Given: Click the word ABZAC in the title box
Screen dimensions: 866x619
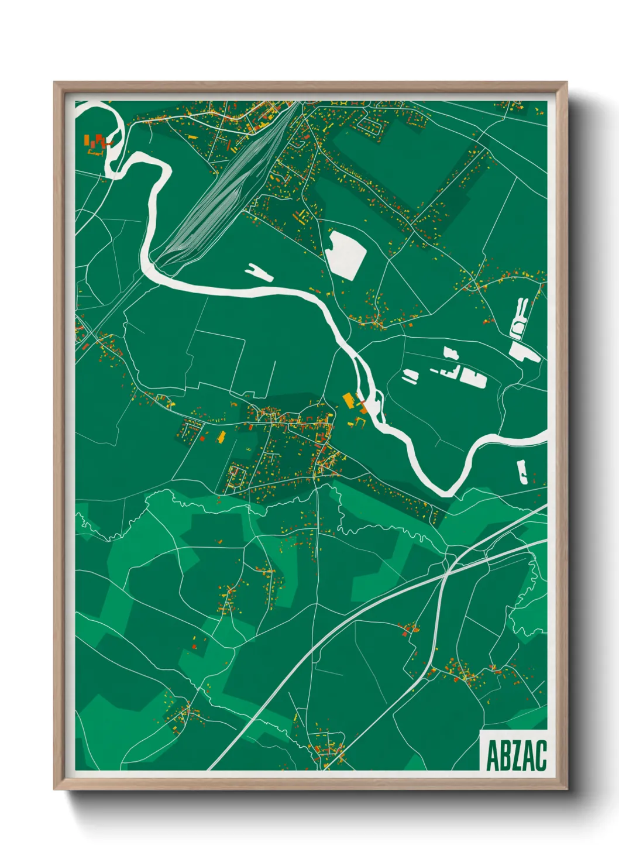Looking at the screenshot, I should click(516, 755).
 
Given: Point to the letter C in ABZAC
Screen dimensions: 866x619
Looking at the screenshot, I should click(541, 755).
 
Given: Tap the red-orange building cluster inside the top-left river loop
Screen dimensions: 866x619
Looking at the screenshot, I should click(97, 142).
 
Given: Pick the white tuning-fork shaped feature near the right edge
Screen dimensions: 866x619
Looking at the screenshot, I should click(518, 316).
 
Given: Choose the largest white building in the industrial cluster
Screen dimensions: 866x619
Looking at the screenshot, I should click(474, 378).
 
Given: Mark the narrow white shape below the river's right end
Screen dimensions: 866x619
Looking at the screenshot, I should click(522, 472).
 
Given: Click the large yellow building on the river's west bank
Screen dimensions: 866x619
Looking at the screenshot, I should click(349, 400).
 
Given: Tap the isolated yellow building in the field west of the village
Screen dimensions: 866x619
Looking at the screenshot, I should click(222, 437).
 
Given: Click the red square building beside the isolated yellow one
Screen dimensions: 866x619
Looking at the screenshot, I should click(202, 437).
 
